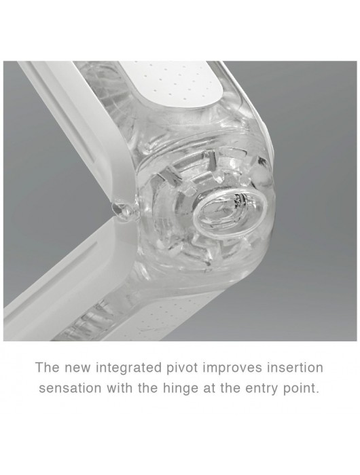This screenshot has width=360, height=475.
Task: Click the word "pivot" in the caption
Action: [181, 368]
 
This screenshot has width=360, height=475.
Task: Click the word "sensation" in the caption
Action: [70, 388]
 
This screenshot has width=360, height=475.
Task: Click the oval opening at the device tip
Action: [230, 209]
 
